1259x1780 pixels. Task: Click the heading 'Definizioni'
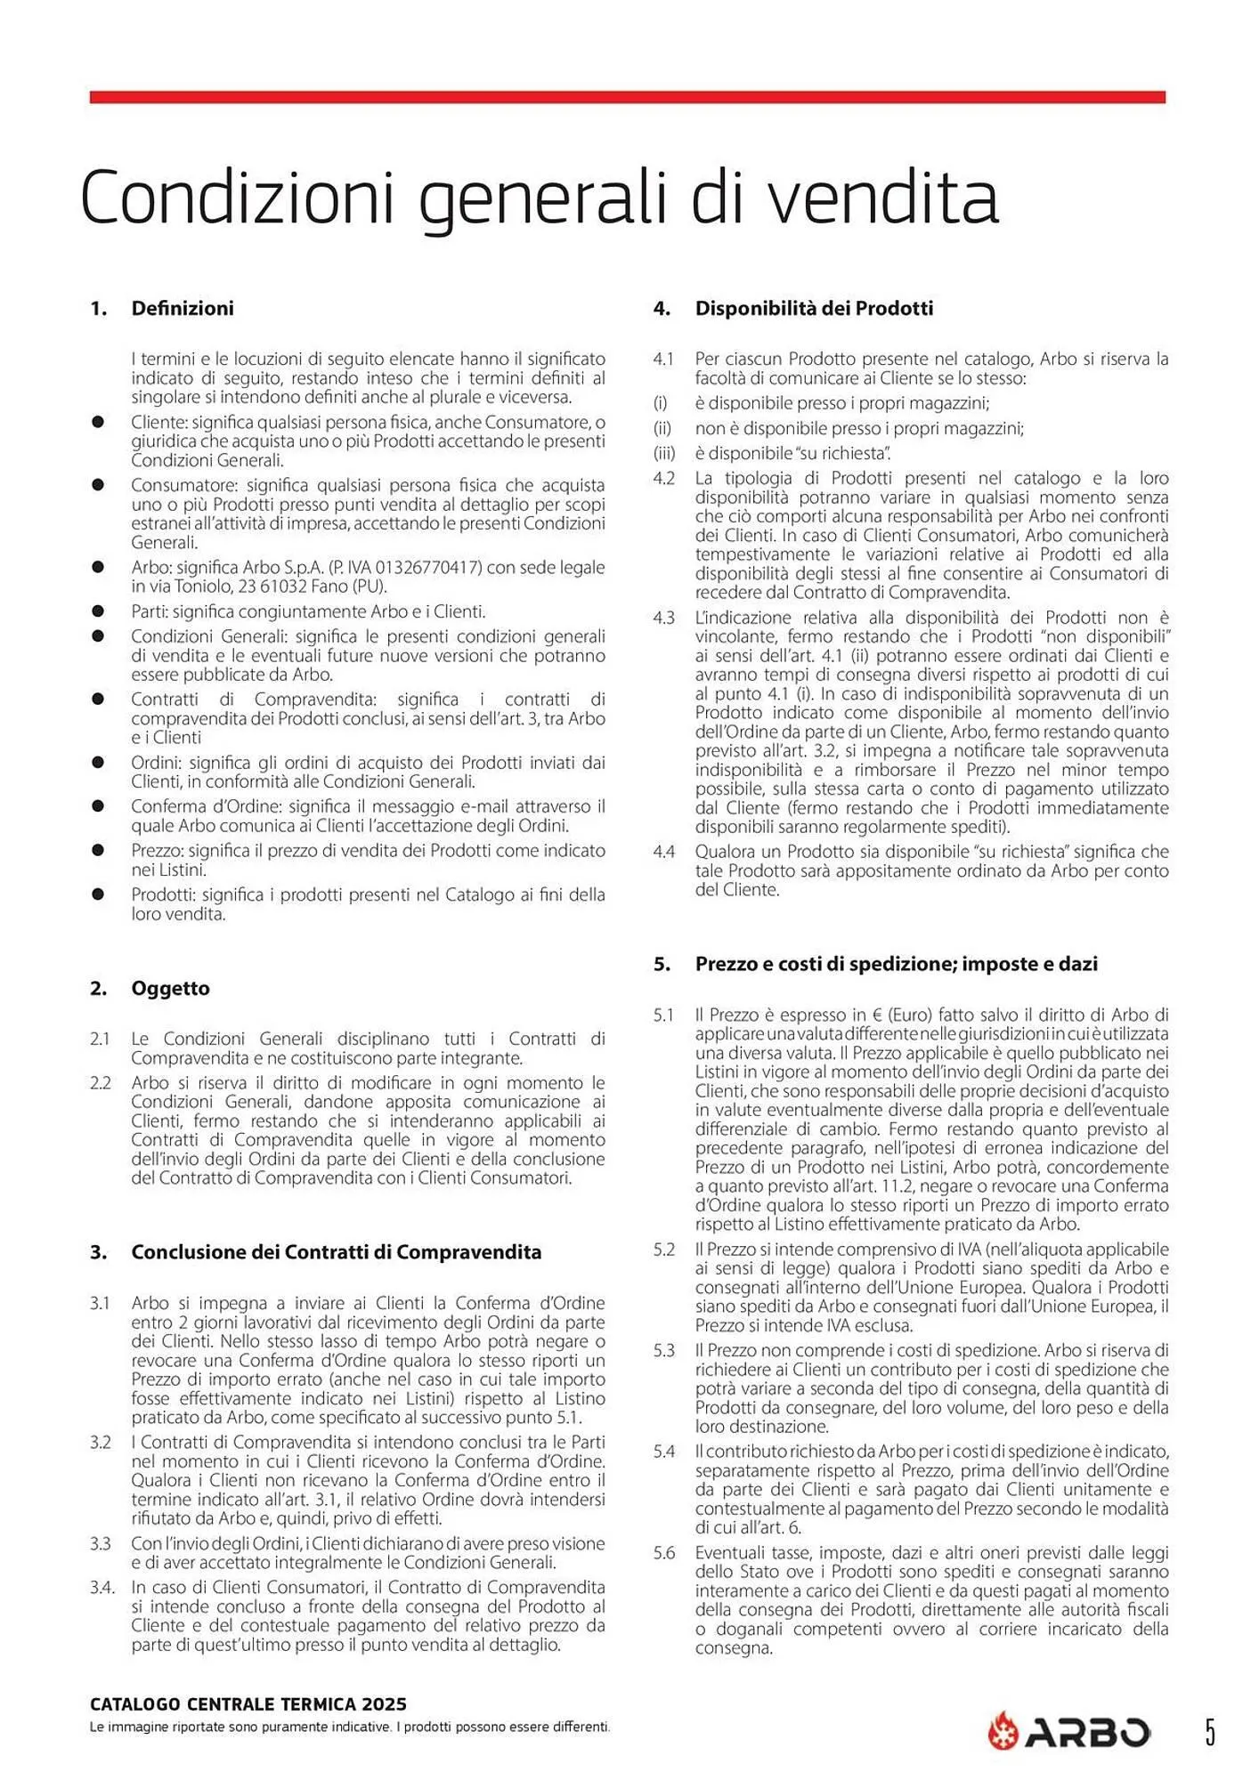coord(183,309)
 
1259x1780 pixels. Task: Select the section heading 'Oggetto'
coord(170,988)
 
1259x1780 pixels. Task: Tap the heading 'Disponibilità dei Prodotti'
coord(814,309)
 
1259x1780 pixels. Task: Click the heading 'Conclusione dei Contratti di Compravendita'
coord(336,1252)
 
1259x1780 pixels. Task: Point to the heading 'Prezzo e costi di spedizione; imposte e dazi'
coord(896,964)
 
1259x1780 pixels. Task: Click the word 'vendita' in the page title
coord(882,198)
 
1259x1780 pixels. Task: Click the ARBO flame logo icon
coord(1003,1731)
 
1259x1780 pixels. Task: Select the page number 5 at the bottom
coord(1210,1732)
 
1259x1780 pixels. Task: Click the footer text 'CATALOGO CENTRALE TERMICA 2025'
coord(248,1704)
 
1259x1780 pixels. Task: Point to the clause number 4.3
coord(663,618)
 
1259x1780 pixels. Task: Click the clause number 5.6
coord(663,1553)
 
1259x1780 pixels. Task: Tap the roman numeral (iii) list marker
coord(664,454)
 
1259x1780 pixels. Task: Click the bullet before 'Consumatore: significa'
coord(98,485)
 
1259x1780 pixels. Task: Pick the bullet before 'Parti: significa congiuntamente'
coord(98,611)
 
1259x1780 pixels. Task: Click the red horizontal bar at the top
coord(627,97)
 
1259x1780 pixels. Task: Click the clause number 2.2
coord(100,1083)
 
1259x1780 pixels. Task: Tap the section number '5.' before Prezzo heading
coord(662,964)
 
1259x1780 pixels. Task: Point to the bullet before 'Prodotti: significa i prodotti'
coord(98,894)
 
